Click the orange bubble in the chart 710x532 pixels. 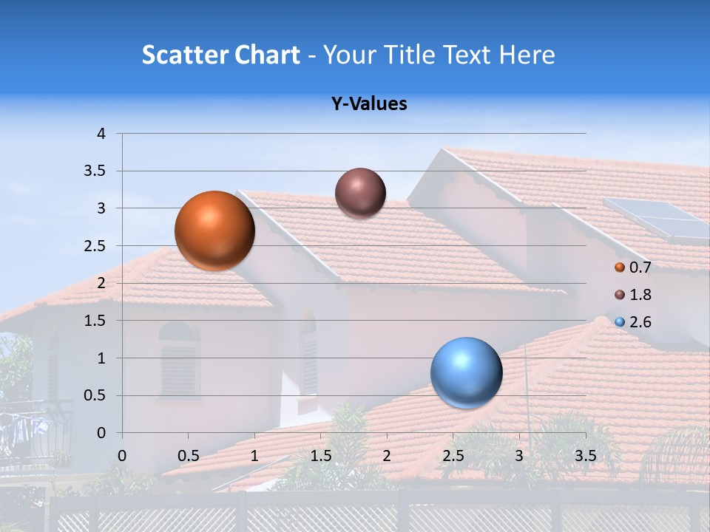click(214, 231)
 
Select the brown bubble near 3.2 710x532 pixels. click(360, 193)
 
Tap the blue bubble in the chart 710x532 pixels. click(466, 373)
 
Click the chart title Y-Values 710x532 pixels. click(369, 104)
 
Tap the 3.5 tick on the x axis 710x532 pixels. click(585, 456)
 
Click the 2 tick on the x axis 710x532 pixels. click(387, 456)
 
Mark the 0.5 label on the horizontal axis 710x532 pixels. click(189, 456)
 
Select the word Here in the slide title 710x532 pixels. click(527, 55)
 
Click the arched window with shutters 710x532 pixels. click(179, 361)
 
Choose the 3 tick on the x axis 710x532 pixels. click(519, 456)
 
